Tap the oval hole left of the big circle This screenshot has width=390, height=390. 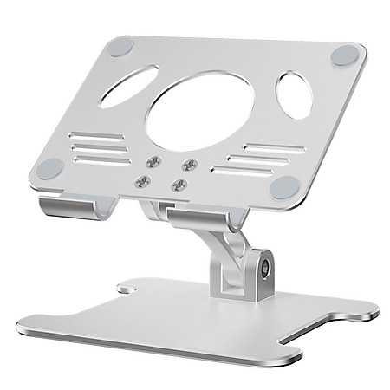[129, 86]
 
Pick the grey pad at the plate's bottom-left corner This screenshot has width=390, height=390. [52, 167]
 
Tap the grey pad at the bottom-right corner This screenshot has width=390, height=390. [283, 185]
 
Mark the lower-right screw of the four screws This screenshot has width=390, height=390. [179, 184]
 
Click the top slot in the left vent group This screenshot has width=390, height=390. [101, 136]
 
